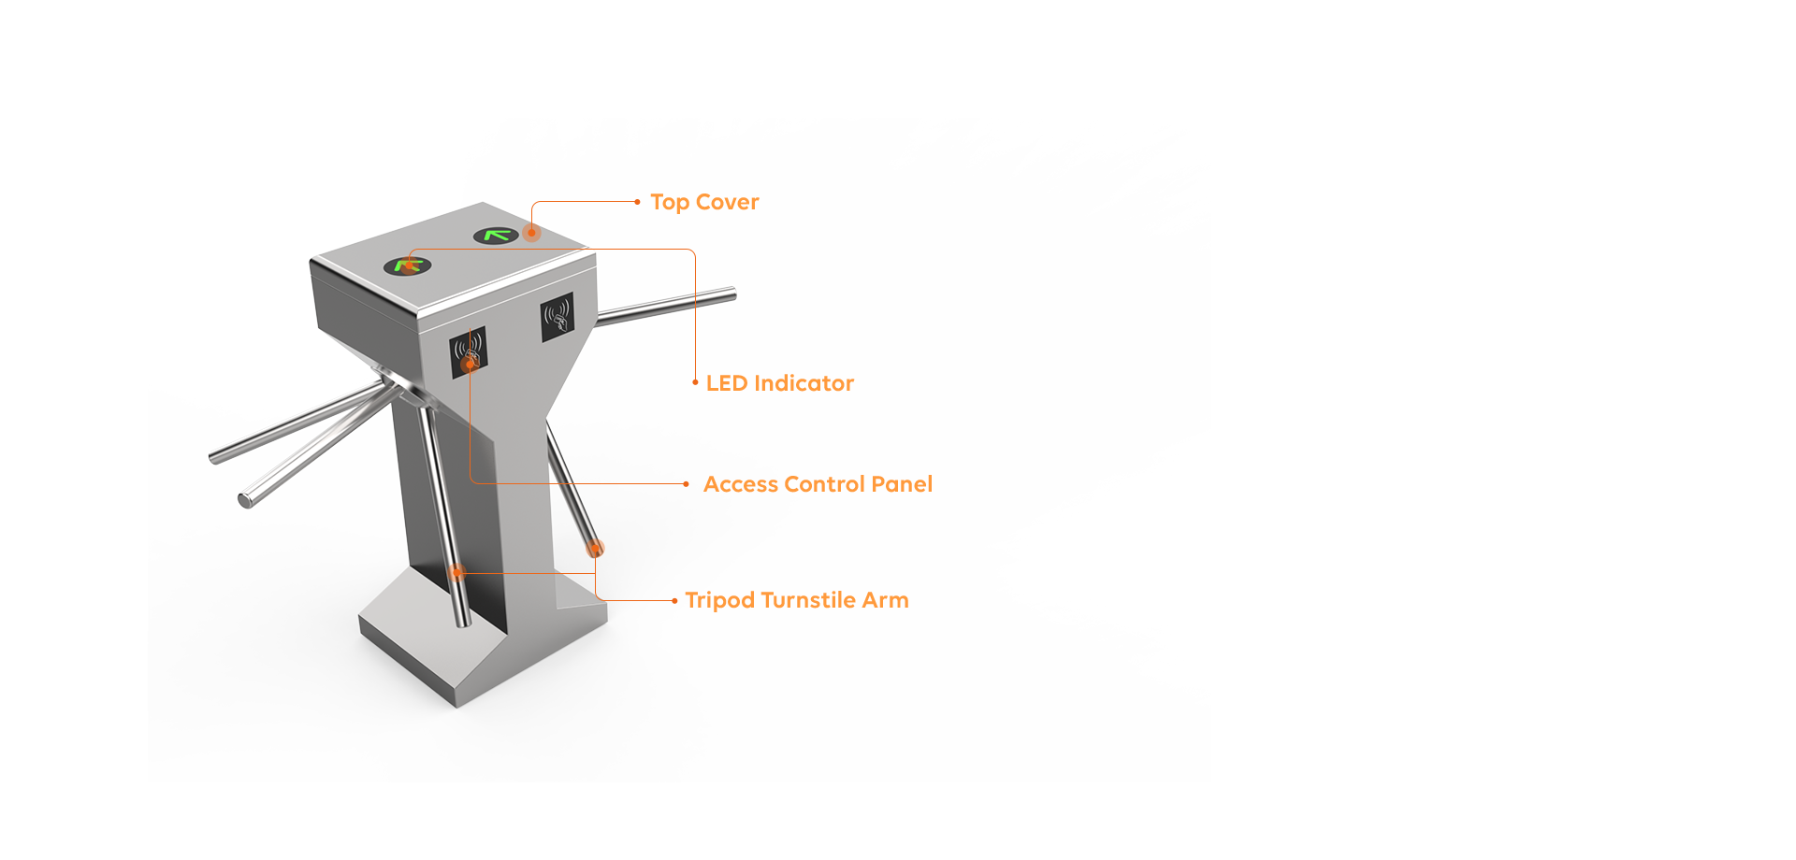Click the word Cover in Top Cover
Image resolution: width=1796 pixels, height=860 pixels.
(x=727, y=202)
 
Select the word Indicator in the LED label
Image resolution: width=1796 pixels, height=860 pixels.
(x=804, y=383)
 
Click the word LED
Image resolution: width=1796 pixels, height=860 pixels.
(x=727, y=383)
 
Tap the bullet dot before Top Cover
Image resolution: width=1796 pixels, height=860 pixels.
(x=637, y=202)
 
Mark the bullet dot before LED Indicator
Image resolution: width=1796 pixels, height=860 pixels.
(x=695, y=382)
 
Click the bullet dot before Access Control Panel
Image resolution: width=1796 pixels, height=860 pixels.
(x=686, y=484)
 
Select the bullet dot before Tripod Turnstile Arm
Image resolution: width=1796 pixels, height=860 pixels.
(x=674, y=601)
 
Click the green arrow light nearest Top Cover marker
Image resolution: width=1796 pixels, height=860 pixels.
(x=496, y=236)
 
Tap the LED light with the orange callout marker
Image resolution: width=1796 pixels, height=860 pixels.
(x=408, y=266)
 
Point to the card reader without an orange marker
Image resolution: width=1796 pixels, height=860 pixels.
(x=558, y=317)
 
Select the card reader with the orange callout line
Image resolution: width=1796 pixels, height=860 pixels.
(x=469, y=352)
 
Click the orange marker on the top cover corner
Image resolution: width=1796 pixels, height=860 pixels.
(x=531, y=233)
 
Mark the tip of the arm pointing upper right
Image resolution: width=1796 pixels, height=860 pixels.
(x=733, y=295)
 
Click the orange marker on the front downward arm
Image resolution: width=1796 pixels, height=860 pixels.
(x=456, y=572)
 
